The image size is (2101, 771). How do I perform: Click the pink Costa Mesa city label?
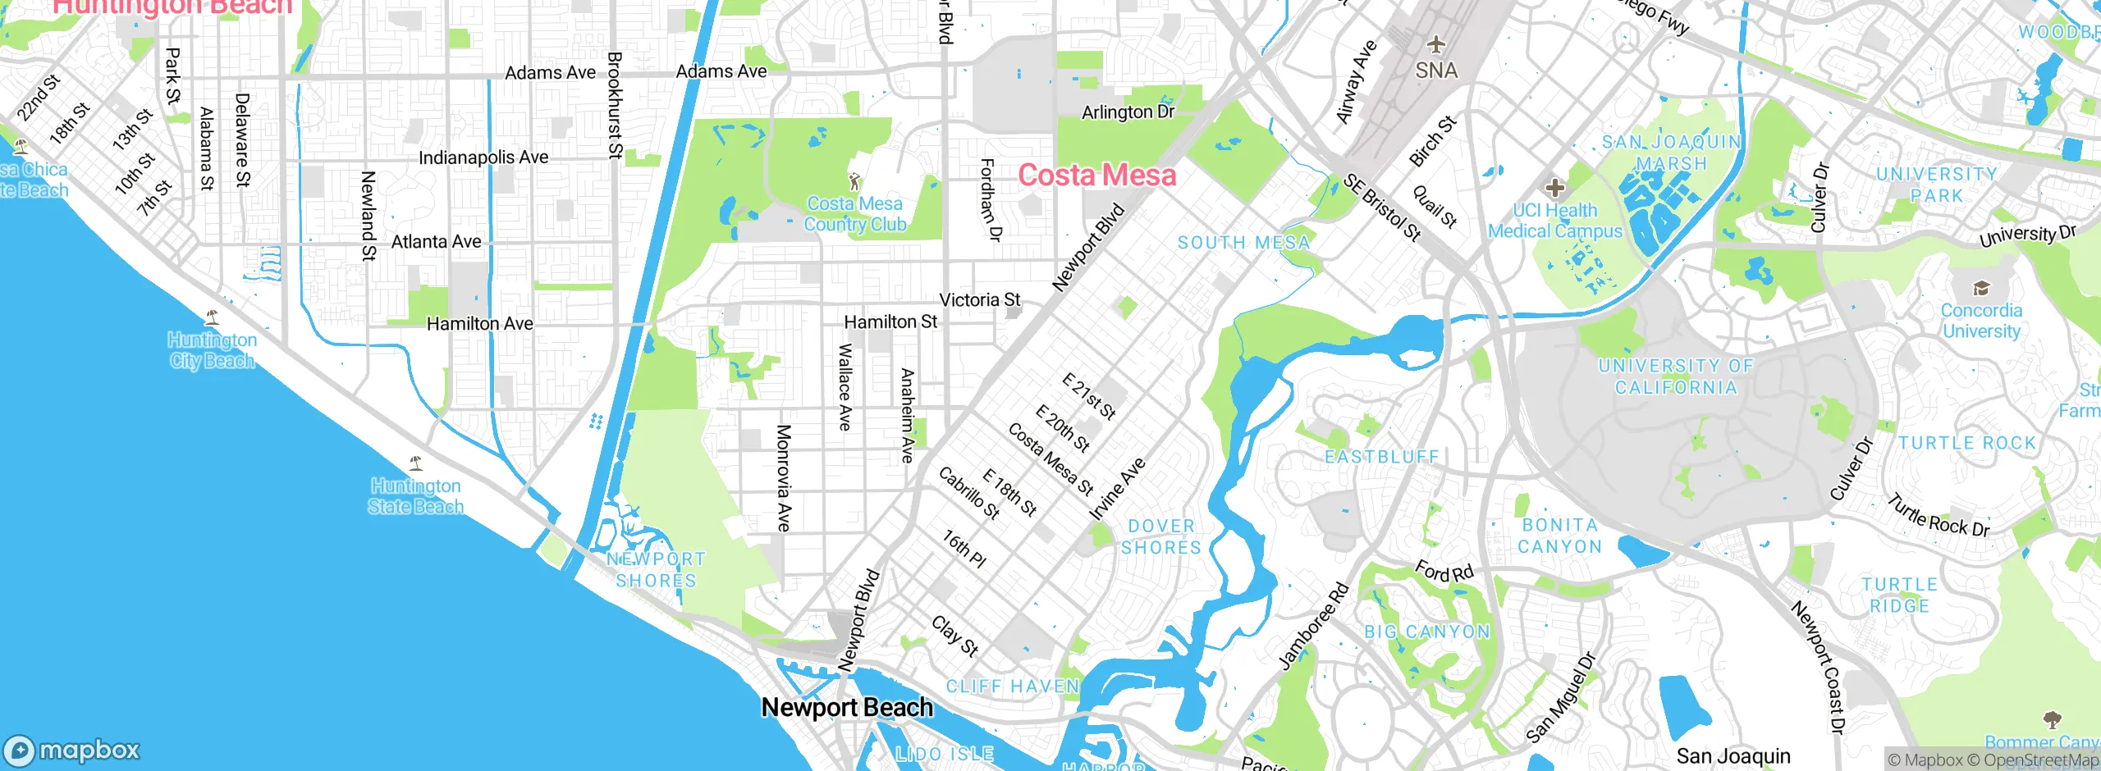pos(1096,175)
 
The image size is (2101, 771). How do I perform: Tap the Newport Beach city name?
pos(847,707)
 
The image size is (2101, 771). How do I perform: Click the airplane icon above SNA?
pos(1435,44)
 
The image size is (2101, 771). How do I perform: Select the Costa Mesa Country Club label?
pos(854,214)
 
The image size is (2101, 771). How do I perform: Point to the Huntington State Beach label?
pos(415,496)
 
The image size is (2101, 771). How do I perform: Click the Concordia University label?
pos(1981,321)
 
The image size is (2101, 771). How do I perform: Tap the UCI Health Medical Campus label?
pos(1555,221)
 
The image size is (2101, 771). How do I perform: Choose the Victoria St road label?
pos(979,300)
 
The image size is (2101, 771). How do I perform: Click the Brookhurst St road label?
pos(615,105)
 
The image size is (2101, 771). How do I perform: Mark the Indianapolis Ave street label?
pos(483,157)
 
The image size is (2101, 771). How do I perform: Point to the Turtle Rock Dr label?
pos(1939,515)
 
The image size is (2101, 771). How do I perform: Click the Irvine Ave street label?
pos(1117,490)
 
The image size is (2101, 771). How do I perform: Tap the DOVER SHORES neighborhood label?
pos(1161,536)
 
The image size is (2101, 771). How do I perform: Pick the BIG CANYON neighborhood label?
pos(1426,632)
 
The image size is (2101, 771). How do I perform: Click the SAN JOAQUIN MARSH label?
pos(1672,153)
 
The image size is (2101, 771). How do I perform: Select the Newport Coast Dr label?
pos(1818,667)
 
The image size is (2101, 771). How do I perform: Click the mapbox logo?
pos(72,750)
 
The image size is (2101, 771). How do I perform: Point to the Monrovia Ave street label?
pos(784,478)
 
